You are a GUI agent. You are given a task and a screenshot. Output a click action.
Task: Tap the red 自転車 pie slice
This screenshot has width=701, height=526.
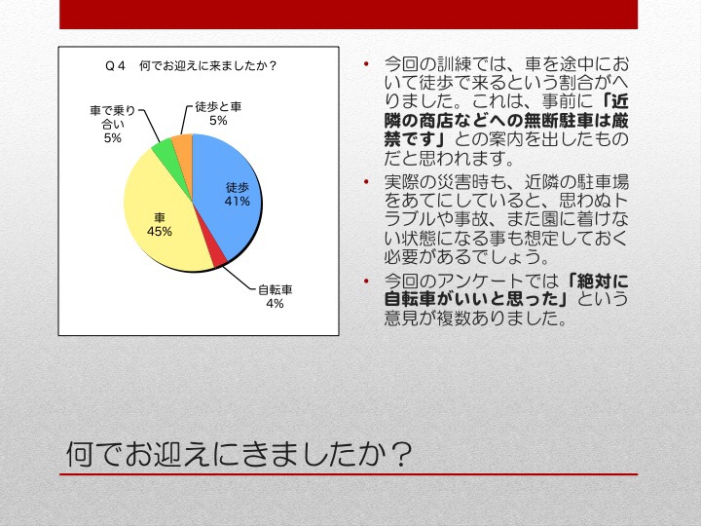(x=219, y=257)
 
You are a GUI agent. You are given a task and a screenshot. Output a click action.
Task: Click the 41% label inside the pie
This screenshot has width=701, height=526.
(x=237, y=202)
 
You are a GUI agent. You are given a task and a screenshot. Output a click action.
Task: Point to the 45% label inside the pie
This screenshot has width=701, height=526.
(x=160, y=231)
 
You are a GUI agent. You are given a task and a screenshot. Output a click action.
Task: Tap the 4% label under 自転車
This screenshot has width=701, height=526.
(x=275, y=304)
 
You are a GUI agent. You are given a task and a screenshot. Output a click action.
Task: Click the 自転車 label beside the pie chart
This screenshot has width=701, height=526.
(x=276, y=290)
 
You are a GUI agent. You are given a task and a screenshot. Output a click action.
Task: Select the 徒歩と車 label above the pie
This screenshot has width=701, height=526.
(x=218, y=106)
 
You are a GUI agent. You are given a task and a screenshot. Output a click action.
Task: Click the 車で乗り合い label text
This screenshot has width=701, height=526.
(x=112, y=117)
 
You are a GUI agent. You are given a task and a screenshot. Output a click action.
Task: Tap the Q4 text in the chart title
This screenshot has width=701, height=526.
(x=115, y=66)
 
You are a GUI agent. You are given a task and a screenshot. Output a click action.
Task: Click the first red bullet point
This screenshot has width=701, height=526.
(x=367, y=64)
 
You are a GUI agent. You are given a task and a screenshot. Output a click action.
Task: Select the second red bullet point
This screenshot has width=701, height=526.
(x=367, y=181)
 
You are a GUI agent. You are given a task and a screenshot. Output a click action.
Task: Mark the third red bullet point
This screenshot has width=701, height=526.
(x=367, y=281)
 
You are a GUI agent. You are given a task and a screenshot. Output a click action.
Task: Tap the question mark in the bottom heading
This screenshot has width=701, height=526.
(x=397, y=455)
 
